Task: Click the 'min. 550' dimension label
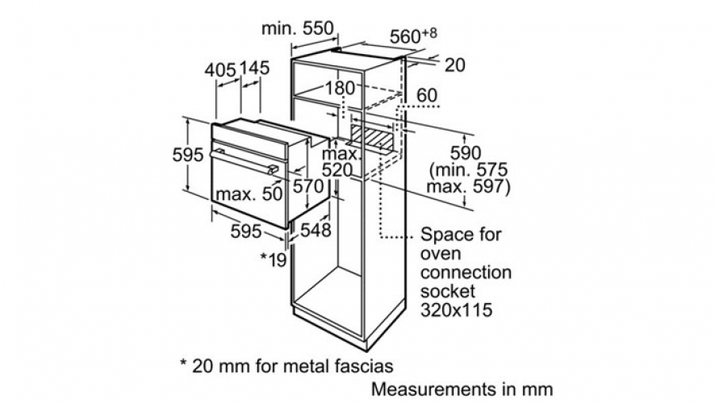(x=297, y=28)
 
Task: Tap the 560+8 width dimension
(x=413, y=35)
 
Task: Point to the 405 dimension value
(x=220, y=70)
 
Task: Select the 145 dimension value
(x=254, y=69)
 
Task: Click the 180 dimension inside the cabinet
(x=340, y=88)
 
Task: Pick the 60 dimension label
(x=427, y=95)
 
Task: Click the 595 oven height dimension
(x=187, y=155)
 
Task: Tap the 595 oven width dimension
(x=246, y=231)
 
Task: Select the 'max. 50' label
(x=249, y=194)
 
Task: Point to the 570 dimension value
(x=307, y=186)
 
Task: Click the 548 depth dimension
(x=316, y=230)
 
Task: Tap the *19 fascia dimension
(x=273, y=259)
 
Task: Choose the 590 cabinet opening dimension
(x=466, y=152)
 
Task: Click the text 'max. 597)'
(x=468, y=187)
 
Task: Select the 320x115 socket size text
(x=457, y=310)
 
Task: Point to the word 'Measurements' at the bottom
(x=427, y=389)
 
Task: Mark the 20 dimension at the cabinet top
(x=454, y=65)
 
